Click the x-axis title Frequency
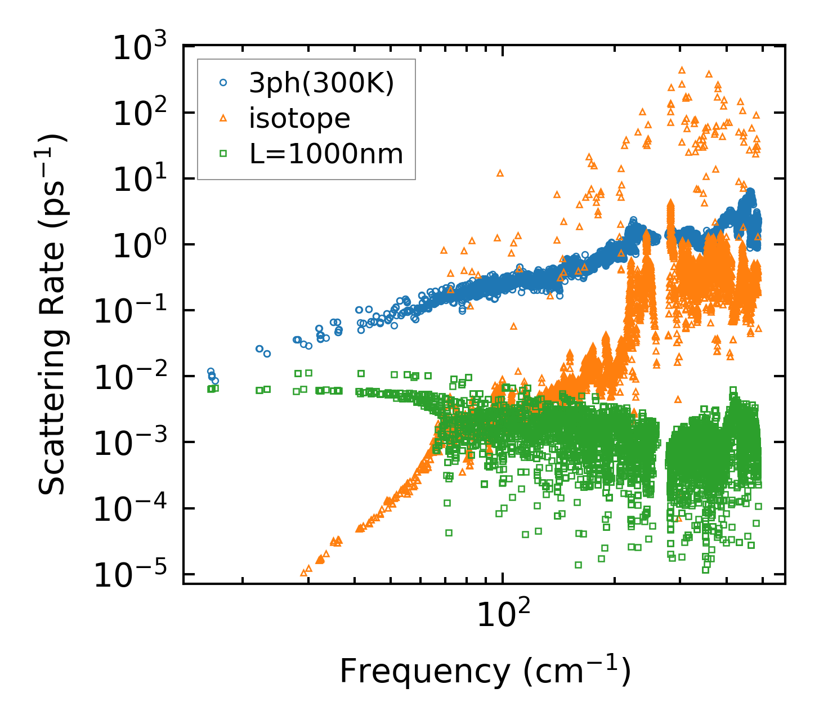click(x=485, y=672)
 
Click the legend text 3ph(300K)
click(x=321, y=83)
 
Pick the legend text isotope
click(x=300, y=118)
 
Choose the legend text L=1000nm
click(x=326, y=153)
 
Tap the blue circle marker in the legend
click(x=223, y=83)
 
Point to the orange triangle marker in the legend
click(x=223, y=118)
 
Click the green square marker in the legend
click(x=223, y=153)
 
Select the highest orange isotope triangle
click(x=682, y=70)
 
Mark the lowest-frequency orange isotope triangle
click(x=304, y=573)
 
